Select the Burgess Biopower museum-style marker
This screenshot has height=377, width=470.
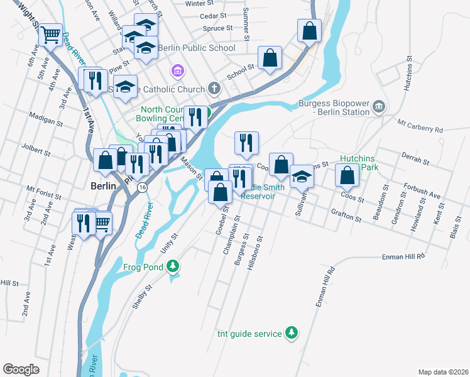(378, 106)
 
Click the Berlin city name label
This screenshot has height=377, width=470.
(103, 187)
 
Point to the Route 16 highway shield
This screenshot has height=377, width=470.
(143, 187)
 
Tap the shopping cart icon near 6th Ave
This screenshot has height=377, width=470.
(50, 35)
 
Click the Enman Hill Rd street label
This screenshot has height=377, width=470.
(404, 256)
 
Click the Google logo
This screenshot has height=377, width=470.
(21, 369)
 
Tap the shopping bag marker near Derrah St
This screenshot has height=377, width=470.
(347, 175)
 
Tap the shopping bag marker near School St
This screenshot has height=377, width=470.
(270, 58)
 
